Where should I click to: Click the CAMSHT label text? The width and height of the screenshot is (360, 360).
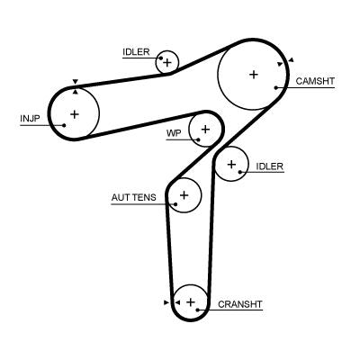point(315,81)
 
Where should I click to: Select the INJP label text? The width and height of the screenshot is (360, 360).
point(31,118)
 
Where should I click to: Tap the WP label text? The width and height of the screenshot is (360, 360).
point(174,133)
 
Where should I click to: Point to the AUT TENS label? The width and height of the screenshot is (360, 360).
point(133,197)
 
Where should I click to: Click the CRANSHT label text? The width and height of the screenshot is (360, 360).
point(240,304)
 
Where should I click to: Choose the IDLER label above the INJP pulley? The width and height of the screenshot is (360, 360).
point(136,52)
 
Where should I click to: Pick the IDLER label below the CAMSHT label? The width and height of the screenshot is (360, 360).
point(269,166)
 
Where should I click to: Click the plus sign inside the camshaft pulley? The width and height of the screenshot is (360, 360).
point(253,75)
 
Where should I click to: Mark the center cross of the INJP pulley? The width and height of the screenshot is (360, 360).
point(74,113)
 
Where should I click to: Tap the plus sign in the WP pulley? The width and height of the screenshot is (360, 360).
point(206,130)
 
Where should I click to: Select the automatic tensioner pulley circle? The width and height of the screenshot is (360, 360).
point(184,194)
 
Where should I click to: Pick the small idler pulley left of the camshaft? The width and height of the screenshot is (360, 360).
point(166,62)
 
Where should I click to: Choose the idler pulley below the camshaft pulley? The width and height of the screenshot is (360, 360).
point(231,164)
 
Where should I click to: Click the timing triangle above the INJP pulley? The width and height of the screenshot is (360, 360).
point(75,82)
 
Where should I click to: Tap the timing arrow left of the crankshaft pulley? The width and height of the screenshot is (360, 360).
point(166,302)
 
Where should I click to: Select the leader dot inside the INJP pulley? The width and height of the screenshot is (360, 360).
point(63,125)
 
